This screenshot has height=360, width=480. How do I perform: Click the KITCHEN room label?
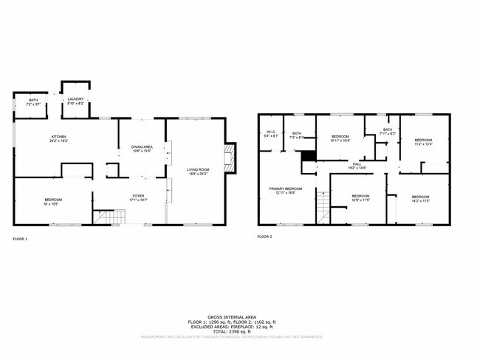[x=59, y=138]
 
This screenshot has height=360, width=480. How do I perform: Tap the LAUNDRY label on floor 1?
[x=76, y=101]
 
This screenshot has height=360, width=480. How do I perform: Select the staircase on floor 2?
[x=322, y=207]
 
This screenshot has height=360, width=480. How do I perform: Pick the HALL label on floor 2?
[x=357, y=166]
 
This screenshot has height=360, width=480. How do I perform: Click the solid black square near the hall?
[x=308, y=156]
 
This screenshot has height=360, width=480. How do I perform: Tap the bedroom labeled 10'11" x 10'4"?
[x=340, y=138]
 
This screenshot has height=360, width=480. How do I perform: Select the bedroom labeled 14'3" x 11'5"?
[x=420, y=198]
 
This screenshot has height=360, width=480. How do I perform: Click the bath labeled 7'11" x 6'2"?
[x=388, y=132]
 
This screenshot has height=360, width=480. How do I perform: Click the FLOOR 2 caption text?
[x=264, y=237]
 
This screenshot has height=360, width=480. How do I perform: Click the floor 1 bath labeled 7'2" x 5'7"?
[x=33, y=102]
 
